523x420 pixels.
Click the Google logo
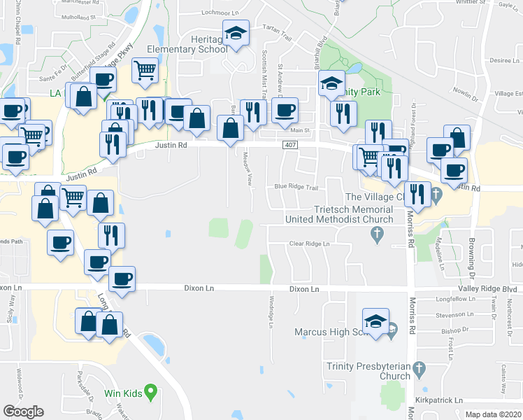click(23, 412)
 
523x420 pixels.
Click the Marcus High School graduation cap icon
click(376, 321)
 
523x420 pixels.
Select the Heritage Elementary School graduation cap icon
click(236, 32)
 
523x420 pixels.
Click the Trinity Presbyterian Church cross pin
click(419, 367)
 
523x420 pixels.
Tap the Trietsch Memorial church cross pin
click(378, 235)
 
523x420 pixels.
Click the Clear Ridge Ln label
click(309, 244)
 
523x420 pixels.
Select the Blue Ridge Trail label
click(296, 187)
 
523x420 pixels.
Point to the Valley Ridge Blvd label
click(487, 288)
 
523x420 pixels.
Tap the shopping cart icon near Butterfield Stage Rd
click(145, 69)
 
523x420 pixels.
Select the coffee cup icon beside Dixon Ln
click(122, 279)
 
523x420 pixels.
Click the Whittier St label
click(471, 3)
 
